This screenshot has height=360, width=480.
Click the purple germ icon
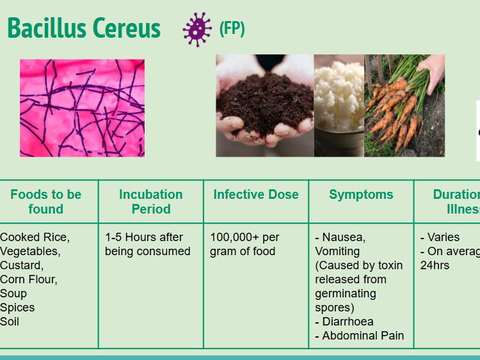(x=196, y=29)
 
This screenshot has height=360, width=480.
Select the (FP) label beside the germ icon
(x=232, y=29)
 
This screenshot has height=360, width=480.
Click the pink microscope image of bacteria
(x=82, y=108)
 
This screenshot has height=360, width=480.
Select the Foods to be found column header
(x=46, y=201)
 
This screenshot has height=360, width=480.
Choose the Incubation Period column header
(x=151, y=201)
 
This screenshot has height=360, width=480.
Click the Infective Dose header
(x=256, y=194)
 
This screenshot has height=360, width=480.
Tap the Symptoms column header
(x=361, y=194)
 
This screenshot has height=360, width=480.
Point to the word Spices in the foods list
(x=17, y=308)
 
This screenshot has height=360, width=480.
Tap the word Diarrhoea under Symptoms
(x=348, y=322)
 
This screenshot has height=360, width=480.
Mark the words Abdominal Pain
(x=363, y=336)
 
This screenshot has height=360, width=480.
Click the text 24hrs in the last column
(x=435, y=265)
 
